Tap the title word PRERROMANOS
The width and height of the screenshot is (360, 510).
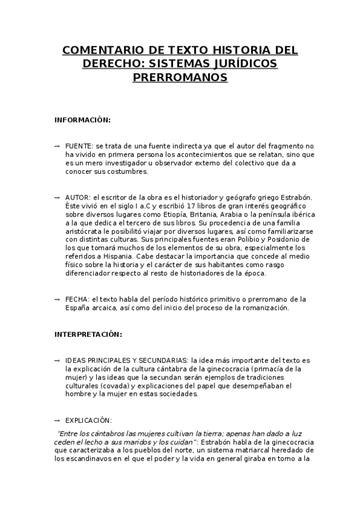(x=180, y=78)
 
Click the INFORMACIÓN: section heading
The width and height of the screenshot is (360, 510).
(x=82, y=120)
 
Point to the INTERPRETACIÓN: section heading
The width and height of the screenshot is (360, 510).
(x=88, y=334)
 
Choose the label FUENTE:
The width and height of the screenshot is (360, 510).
(x=79, y=146)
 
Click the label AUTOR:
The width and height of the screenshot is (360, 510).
(x=78, y=197)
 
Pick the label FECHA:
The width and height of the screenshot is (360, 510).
(x=78, y=299)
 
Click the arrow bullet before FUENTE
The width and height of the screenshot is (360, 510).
(x=57, y=146)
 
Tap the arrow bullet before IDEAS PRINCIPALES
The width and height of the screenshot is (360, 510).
(x=57, y=360)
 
